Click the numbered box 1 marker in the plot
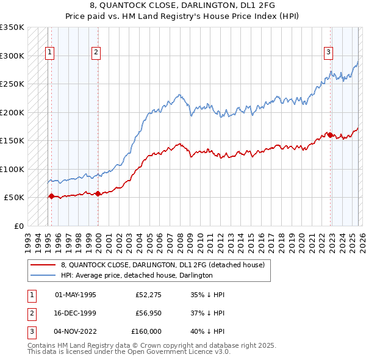(49, 53)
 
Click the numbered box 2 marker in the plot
(96, 53)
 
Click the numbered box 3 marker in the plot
(328, 53)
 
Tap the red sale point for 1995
(51, 196)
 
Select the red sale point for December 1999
(98, 193)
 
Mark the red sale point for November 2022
(330, 135)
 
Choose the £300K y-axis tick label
(12, 56)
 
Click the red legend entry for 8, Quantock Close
(162, 265)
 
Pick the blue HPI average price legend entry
(136, 275)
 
